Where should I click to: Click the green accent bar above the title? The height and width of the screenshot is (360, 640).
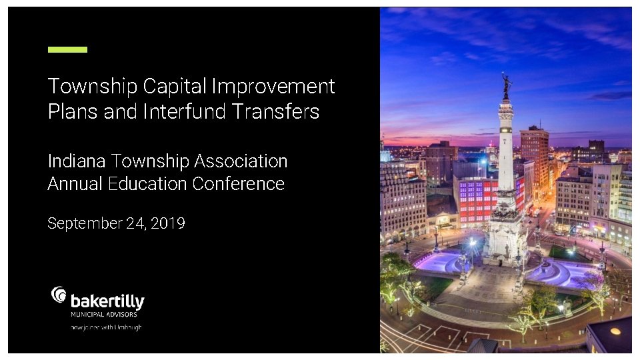point(67,49)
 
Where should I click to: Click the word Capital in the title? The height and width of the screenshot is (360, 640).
point(174,87)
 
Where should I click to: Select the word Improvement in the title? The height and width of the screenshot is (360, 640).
point(273,87)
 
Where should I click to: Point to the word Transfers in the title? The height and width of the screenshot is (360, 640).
point(275,111)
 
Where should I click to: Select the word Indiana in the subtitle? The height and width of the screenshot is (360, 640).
point(77,161)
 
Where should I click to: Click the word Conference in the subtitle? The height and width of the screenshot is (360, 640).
point(239,184)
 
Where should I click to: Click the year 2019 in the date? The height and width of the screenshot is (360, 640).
point(168,223)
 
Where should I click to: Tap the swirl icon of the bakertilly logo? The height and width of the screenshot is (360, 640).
point(59,295)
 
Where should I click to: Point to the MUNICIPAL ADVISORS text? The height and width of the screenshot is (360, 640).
point(103,314)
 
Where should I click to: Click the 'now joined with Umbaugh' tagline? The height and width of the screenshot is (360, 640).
point(106,327)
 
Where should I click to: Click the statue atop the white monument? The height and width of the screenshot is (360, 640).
point(506,85)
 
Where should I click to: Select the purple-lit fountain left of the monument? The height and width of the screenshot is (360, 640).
point(440,261)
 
